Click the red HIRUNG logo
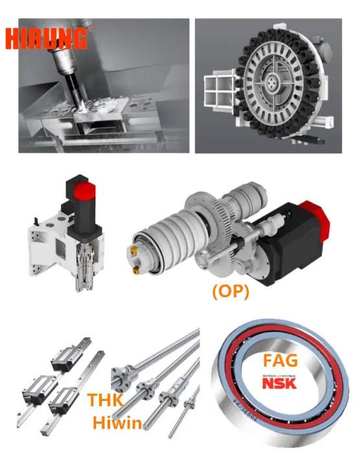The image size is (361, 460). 47,38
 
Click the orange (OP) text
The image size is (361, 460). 230,291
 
